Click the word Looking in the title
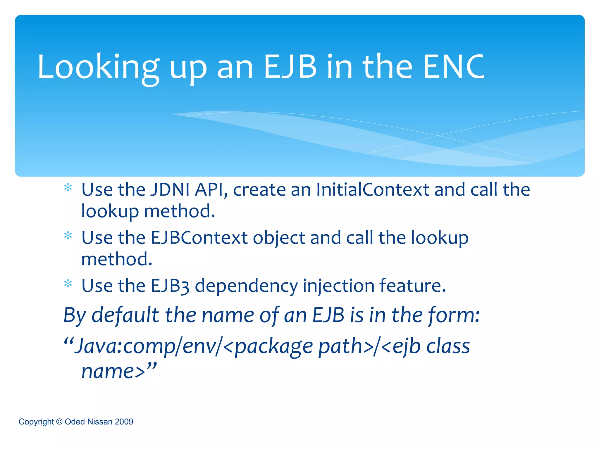coord(98,68)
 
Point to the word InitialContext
coord(373,189)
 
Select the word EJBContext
coord(199,237)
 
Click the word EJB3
coord(170,286)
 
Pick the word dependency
coord(246,286)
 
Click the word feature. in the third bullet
coord(412,286)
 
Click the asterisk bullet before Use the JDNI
coord(68,188)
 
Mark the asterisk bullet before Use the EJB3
coord(68,284)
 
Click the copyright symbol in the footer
coord(59,422)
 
